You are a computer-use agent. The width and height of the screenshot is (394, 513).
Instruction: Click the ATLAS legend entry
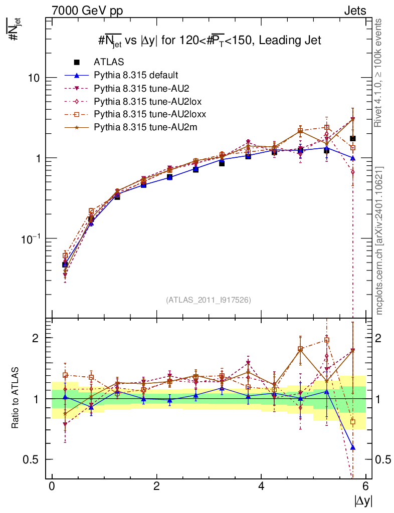[108, 62]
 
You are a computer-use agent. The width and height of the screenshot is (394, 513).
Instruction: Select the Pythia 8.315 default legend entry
[136, 75]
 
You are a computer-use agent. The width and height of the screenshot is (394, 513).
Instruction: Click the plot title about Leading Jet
[209, 41]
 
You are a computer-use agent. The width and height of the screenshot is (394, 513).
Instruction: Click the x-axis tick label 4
[261, 486]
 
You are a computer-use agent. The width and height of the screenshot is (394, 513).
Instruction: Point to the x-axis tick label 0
[52, 486]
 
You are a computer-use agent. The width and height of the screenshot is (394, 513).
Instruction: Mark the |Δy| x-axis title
[363, 500]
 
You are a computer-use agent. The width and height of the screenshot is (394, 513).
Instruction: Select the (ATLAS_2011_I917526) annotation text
[209, 300]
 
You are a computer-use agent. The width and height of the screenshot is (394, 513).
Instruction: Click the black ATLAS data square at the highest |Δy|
[352, 138]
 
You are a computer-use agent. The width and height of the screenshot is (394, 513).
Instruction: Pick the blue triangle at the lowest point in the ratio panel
[352, 447]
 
